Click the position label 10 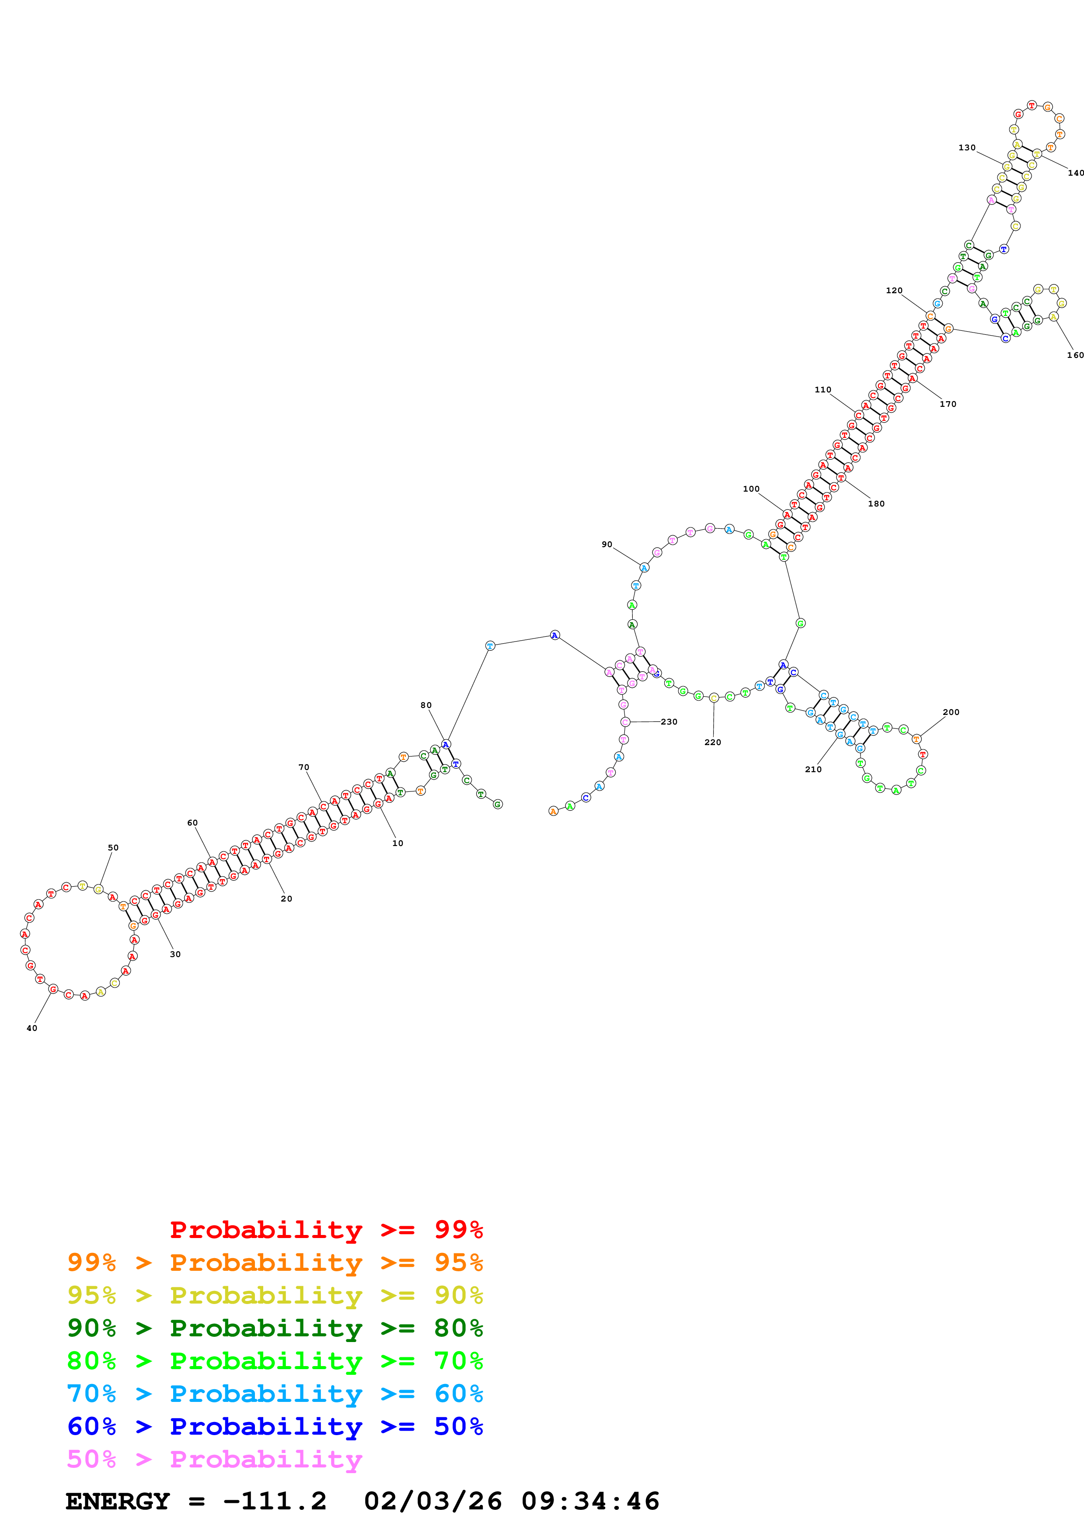tap(397, 843)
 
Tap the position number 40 tap(32, 1028)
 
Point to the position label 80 tap(426, 705)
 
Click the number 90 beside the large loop tap(606, 544)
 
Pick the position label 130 tap(966, 148)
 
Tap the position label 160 tap(1075, 355)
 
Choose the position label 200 tap(951, 712)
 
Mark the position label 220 tap(713, 742)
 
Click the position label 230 tap(669, 722)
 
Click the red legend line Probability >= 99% tap(326, 1229)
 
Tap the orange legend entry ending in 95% tap(275, 1262)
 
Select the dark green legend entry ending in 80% tap(275, 1328)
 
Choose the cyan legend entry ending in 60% tap(275, 1394)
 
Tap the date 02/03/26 tap(433, 1501)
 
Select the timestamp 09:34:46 tap(590, 1501)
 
